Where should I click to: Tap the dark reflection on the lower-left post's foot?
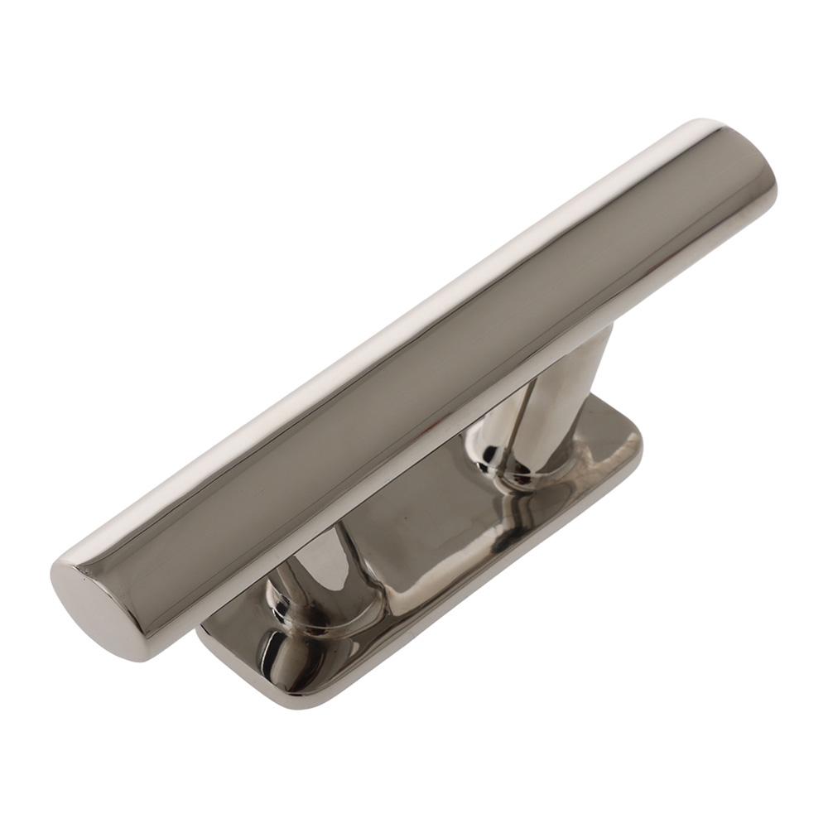coord(277,654)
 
